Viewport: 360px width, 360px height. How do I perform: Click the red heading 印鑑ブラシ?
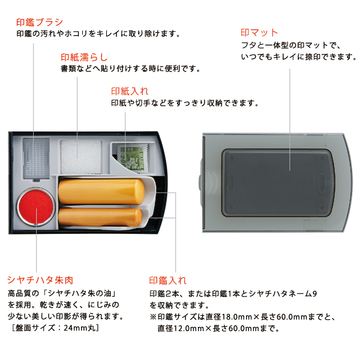click(40, 22)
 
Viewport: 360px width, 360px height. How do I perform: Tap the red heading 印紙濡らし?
click(84, 57)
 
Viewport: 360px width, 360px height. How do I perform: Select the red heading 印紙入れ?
click(130, 91)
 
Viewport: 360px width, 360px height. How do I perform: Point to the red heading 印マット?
click(259, 32)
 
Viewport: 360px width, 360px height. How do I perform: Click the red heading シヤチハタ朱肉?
click(40, 280)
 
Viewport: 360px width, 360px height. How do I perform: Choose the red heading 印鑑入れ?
click(167, 281)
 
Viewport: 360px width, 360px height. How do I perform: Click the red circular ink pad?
click(36, 207)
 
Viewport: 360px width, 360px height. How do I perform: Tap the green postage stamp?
click(132, 158)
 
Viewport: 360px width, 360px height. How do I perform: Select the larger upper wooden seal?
click(101, 191)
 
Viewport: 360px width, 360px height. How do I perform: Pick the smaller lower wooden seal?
click(100, 217)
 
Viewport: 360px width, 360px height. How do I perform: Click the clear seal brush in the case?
click(37, 158)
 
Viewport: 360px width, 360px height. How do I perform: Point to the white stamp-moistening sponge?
click(81, 157)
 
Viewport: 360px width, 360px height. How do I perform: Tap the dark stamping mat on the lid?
click(278, 183)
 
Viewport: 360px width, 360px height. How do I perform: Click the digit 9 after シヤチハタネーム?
click(314, 293)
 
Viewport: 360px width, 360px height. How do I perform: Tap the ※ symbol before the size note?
click(153, 317)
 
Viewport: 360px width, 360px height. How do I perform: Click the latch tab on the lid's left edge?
click(200, 182)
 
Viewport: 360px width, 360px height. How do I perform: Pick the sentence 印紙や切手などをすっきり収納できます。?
click(185, 103)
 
